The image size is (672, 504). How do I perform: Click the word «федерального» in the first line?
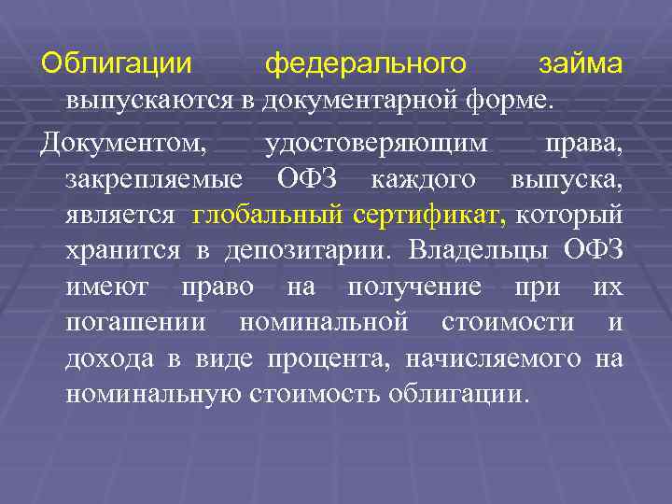[x=366, y=65]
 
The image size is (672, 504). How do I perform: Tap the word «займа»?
[x=580, y=65]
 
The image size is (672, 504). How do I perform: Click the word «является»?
[x=119, y=215]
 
